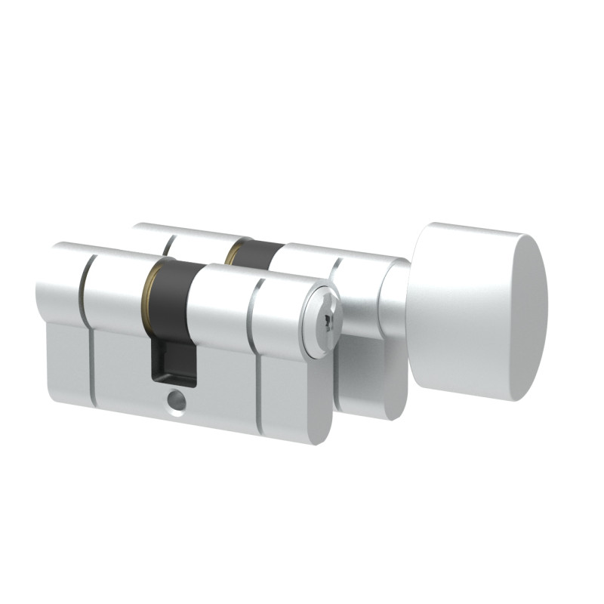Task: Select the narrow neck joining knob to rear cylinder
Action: pos(393,302)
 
